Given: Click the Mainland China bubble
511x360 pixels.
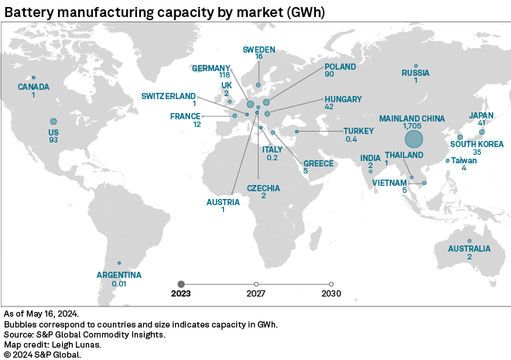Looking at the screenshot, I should pyautogui.click(x=413, y=139).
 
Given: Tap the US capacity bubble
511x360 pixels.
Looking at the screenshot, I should pyautogui.click(x=53, y=122).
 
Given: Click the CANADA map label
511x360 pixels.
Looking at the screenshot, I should pyautogui.click(x=33, y=87).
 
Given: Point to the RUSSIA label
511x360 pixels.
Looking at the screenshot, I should pyautogui.click(x=415, y=74).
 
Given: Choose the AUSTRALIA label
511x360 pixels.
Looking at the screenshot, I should pyautogui.click(x=469, y=249).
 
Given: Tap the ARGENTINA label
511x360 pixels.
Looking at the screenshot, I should pyautogui.click(x=118, y=275).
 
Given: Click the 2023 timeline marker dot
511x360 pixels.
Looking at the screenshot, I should pyautogui.click(x=181, y=283).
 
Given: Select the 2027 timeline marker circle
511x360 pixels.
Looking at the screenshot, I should pyautogui.click(x=256, y=283).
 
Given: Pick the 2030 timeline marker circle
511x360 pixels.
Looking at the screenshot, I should pyautogui.click(x=331, y=283).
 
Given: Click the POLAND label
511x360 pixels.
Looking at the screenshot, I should pyautogui.click(x=340, y=67).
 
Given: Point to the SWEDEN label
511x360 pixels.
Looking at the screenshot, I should pyautogui.click(x=259, y=48).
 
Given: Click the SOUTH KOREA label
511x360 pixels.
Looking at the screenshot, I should pyautogui.click(x=477, y=144).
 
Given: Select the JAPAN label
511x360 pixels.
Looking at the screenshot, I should pyautogui.click(x=482, y=116).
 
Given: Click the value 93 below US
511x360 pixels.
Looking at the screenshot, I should pyautogui.click(x=53, y=139).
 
